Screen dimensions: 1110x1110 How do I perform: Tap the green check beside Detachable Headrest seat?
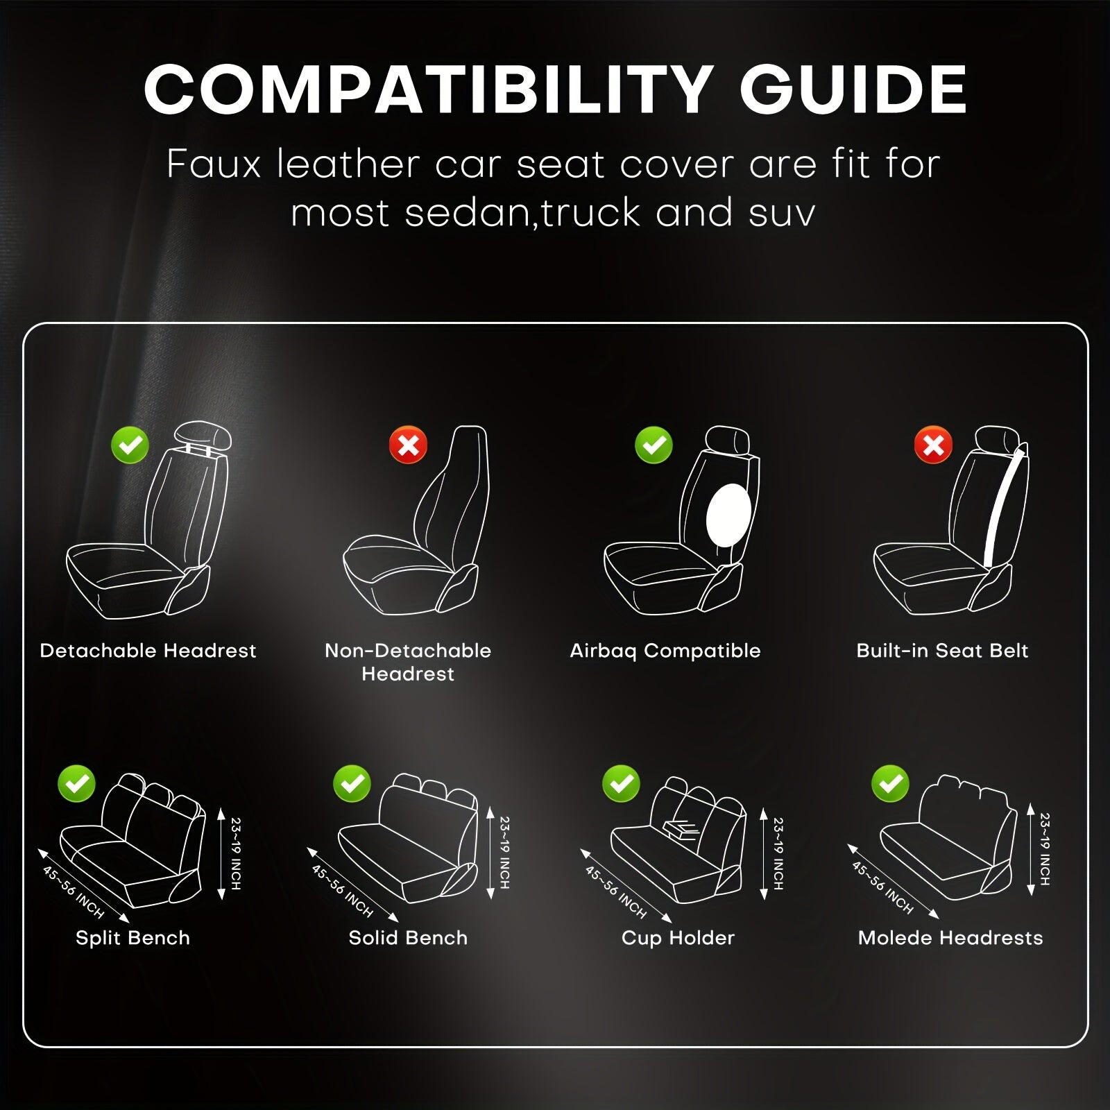130,445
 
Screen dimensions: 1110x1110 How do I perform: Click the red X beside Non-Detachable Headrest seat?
408,445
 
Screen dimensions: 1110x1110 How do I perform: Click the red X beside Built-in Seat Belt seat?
933,445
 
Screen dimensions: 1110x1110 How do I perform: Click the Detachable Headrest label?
148,651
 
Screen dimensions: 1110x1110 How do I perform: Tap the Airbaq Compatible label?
665,651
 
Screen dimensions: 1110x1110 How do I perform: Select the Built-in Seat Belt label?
942,651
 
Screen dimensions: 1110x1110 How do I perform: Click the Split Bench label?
133,938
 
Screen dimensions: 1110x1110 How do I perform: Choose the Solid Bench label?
408,938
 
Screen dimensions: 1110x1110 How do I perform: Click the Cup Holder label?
678,938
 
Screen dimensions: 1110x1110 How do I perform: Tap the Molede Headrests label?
950,938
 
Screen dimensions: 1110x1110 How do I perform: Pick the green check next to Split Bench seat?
77,783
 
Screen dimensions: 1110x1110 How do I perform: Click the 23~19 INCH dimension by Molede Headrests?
1045,849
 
